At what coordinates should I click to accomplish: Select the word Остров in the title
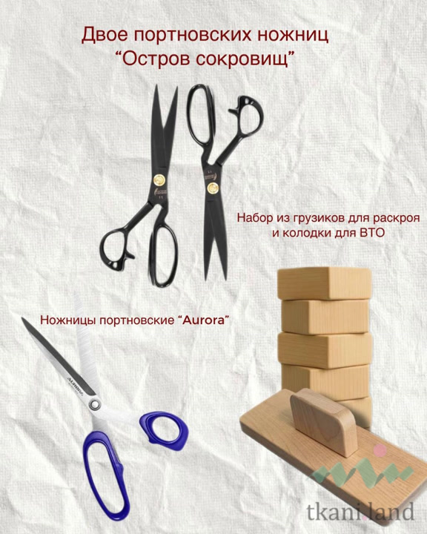154,59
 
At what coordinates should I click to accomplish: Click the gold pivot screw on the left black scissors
159,179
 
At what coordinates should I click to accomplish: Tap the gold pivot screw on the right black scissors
213,187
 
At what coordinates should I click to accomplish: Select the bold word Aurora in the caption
204,320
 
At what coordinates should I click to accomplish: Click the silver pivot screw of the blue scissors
95,405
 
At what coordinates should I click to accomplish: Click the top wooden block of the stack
324,283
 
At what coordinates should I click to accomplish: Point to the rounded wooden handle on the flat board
323,421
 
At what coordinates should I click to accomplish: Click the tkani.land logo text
360,512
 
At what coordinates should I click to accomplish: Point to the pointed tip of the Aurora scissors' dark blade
23,319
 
